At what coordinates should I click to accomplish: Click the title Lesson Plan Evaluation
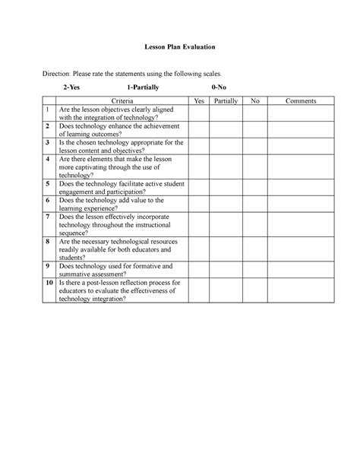pos(180,47)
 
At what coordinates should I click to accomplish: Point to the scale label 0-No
pos(219,88)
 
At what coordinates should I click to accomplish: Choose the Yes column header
pos(199,100)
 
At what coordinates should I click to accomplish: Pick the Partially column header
pos(226,100)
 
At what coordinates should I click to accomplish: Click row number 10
pos(47,282)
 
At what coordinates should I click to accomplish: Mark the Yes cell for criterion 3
pos(199,146)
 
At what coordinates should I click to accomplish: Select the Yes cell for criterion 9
pos(199,270)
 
